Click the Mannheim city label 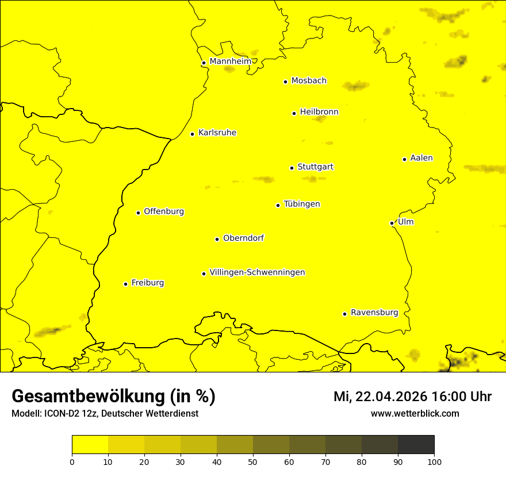(230, 61)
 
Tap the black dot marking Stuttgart (292, 168)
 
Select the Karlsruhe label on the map (217, 133)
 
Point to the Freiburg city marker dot (125, 284)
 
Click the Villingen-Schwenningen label (257, 272)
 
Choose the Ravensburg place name (374, 313)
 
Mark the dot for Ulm (392, 223)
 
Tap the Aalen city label (421, 158)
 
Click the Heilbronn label (319, 112)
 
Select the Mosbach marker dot (285, 82)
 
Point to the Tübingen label (301, 204)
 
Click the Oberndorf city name (243, 238)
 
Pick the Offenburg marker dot (138, 213)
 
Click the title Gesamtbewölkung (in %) (113, 397)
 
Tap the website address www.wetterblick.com (415, 413)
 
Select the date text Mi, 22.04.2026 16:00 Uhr (412, 397)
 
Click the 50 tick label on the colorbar (253, 461)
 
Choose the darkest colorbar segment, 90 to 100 (416, 445)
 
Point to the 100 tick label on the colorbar (434, 461)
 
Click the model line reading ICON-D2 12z (105, 413)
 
